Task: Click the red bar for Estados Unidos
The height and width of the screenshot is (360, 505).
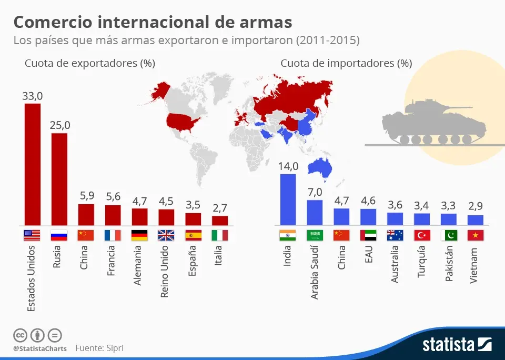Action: click(32, 164)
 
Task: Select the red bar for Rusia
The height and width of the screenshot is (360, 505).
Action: click(59, 179)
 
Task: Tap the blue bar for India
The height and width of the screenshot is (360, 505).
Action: click(288, 199)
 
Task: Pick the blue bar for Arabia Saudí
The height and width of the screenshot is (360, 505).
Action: click(315, 213)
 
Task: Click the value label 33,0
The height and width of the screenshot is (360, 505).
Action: click(32, 96)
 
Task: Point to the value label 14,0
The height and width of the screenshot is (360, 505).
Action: click(288, 166)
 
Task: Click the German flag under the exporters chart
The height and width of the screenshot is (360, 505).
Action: click(139, 235)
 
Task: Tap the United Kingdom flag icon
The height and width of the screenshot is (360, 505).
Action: click(166, 235)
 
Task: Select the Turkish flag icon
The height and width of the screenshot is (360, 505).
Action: click(422, 235)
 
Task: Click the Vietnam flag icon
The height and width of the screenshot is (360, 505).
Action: click(476, 235)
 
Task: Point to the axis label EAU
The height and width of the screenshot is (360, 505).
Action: click(368, 254)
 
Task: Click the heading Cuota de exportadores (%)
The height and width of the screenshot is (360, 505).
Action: click(90, 64)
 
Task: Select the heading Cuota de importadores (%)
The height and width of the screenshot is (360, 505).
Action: click(346, 64)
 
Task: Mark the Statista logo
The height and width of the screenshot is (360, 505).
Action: click(457, 345)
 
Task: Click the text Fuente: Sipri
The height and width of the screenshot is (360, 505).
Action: click(99, 348)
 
